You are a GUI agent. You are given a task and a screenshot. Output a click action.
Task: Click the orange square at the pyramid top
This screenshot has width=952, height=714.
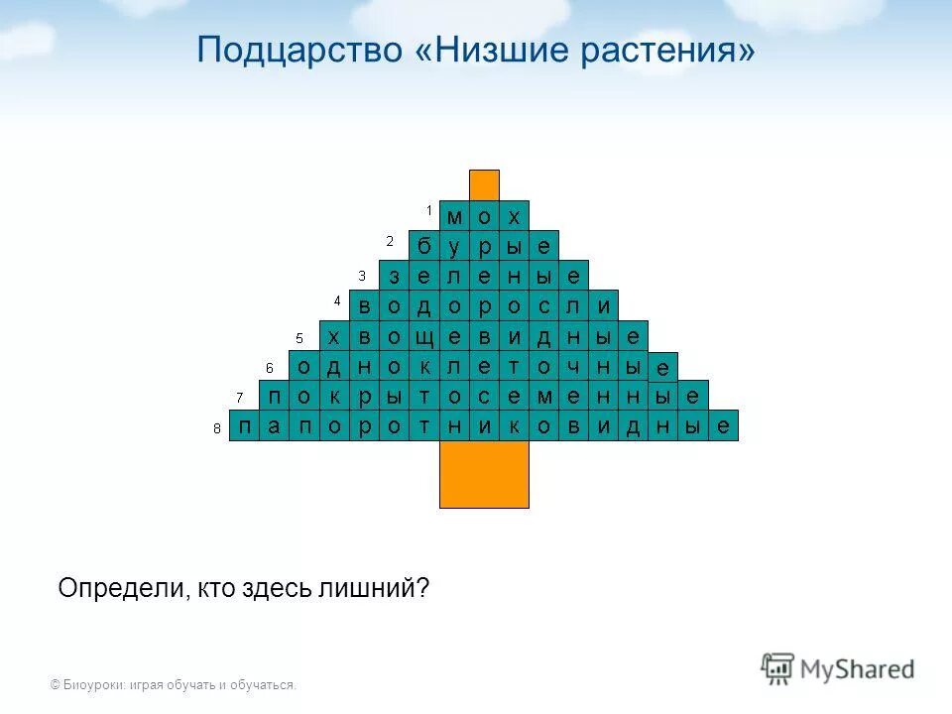(x=484, y=184)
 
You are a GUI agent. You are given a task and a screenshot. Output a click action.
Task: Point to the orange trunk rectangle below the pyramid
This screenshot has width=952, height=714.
(x=484, y=473)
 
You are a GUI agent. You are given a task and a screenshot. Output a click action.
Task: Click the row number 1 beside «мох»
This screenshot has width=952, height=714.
(x=429, y=210)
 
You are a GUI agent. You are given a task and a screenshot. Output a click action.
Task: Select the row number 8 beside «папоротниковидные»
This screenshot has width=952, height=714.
(x=216, y=428)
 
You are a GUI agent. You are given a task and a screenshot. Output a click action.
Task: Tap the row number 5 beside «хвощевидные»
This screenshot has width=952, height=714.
(x=298, y=337)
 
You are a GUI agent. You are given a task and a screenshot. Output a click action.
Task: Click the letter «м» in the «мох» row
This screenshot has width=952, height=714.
(x=454, y=216)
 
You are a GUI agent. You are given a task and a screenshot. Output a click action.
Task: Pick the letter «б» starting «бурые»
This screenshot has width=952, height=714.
(x=424, y=246)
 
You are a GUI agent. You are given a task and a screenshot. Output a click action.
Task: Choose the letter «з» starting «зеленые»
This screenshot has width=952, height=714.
(x=395, y=276)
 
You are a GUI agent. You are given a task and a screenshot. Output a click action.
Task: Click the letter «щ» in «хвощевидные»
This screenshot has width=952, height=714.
(x=424, y=336)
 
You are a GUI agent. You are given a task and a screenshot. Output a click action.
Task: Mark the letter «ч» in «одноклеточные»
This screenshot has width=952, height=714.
(x=573, y=366)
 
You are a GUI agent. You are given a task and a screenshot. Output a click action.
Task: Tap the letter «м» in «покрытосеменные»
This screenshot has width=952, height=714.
(x=543, y=396)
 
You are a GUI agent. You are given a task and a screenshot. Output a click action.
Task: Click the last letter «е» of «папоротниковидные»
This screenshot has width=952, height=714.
(x=724, y=425)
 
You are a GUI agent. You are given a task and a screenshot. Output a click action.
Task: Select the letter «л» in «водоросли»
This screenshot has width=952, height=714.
(x=573, y=306)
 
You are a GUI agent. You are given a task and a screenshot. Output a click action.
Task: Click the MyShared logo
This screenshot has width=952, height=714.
(x=839, y=669)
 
